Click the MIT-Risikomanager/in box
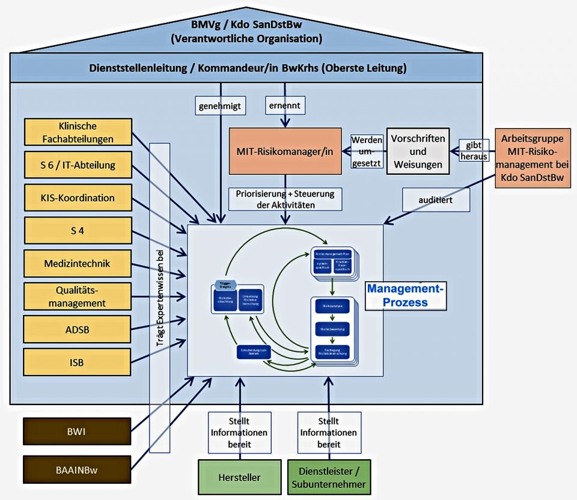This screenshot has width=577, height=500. [x=285, y=151]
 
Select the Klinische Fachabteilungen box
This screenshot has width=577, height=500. [x=78, y=133]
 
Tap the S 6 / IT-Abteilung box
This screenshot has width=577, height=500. [x=78, y=165]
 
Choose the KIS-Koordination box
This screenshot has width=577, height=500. [x=78, y=198]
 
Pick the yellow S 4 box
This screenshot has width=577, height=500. [x=78, y=231]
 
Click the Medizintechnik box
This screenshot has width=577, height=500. [x=78, y=263]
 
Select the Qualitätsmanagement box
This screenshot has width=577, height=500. [x=78, y=296]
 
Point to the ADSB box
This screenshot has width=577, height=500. [x=78, y=329]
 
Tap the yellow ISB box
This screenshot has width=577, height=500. [x=78, y=362]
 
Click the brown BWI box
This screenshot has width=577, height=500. [x=77, y=432]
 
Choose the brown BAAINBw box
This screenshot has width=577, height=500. [x=77, y=470]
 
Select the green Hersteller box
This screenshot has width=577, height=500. [x=240, y=477]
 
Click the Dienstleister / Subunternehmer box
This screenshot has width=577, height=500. [x=329, y=477]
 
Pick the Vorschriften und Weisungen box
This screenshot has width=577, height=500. [x=418, y=151]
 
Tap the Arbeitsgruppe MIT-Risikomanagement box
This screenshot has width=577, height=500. [x=532, y=158]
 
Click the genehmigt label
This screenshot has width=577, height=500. [x=220, y=106]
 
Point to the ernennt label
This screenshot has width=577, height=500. [x=285, y=106]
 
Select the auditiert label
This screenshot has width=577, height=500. [x=436, y=198]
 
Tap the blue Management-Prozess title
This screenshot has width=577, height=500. [x=406, y=295]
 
